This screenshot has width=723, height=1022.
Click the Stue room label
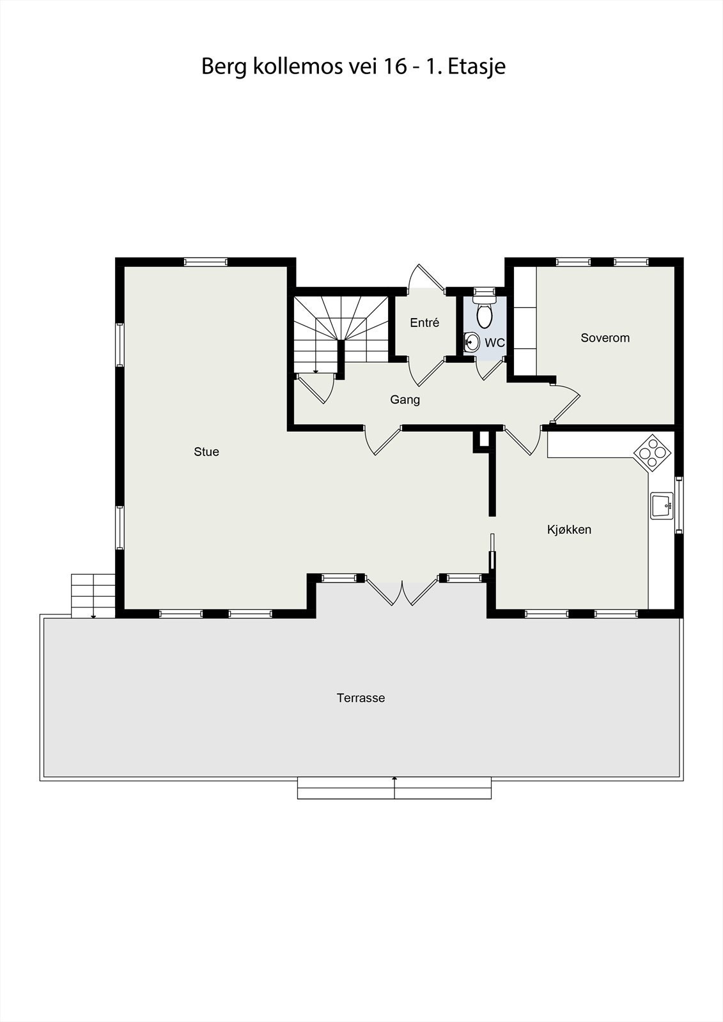pyautogui.click(x=206, y=452)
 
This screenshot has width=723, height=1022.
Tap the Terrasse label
pyautogui.click(x=361, y=698)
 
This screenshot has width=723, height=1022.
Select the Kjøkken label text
pyautogui.click(x=569, y=530)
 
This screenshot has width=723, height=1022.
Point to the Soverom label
pyautogui.click(x=605, y=338)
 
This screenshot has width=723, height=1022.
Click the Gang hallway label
pyautogui.click(x=405, y=400)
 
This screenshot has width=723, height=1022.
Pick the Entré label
pyautogui.click(x=424, y=323)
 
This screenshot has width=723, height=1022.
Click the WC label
pyautogui.click(x=494, y=343)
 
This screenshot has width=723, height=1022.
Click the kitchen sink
pyautogui.click(x=661, y=505)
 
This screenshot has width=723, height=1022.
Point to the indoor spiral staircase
pyautogui.click(x=341, y=332)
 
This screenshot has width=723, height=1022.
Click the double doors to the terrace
pyautogui.click(x=401, y=591)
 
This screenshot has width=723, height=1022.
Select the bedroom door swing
pyautogui.click(x=565, y=403)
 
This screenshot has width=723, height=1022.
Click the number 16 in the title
pyautogui.click(x=394, y=66)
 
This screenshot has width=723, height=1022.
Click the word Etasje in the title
pyautogui.click(x=476, y=66)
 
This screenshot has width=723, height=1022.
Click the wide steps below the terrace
pyautogui.click(x=394, y=789)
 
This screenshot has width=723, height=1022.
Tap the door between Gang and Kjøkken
pyautogui.click(x=522, y=440)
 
